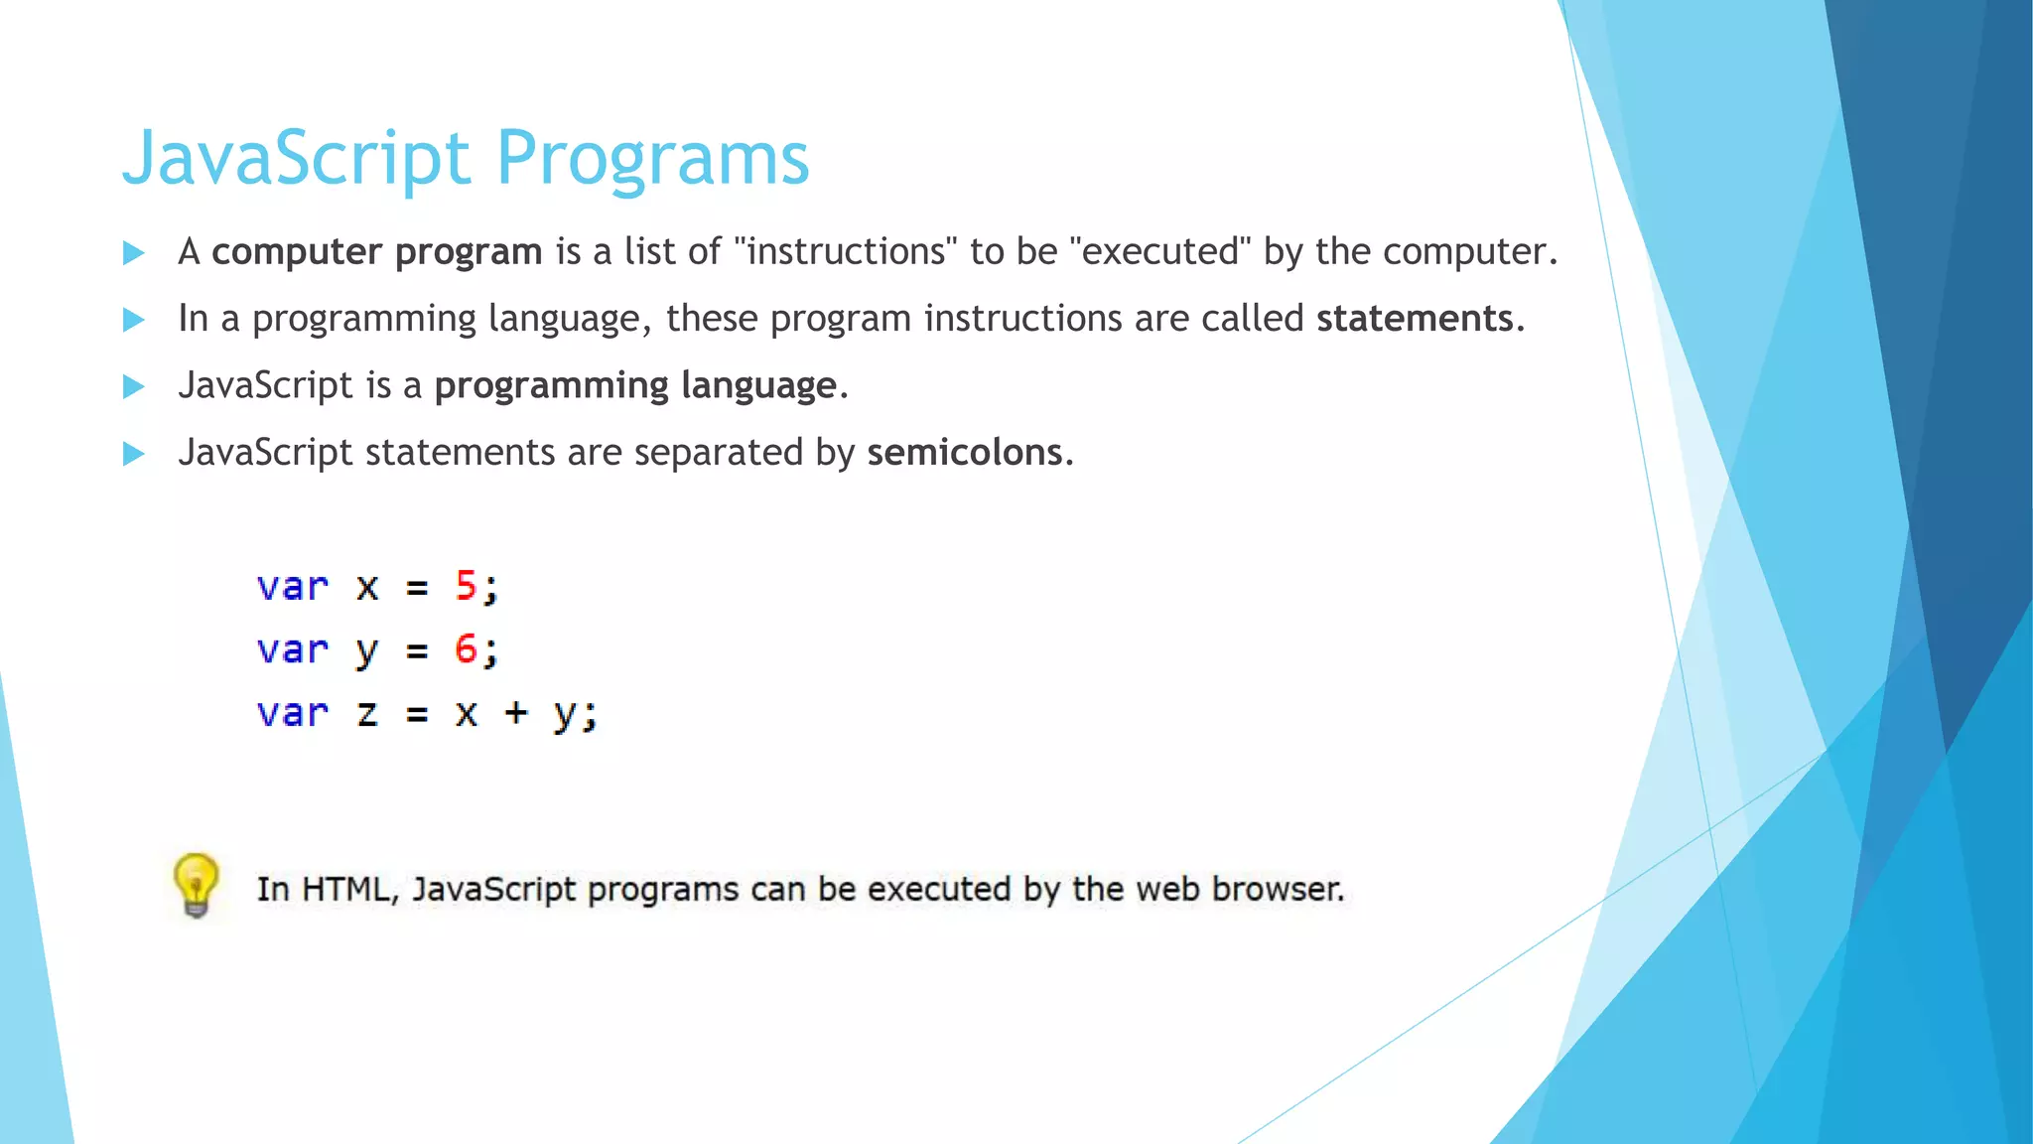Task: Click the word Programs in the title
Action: [x=652, y=159]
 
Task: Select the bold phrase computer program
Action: [x=377, y=252]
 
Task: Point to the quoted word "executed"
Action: [x=1160, y=251]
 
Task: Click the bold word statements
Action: [x=1415, y=319]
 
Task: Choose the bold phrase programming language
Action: [x=635, y=385]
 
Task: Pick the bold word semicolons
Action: [x=965, y=453]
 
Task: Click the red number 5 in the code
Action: [x=466, y=586]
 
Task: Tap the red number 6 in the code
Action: [x=466, y=649]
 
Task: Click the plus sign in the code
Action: [x=515, y=713]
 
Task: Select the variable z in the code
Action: [x=367, y=713]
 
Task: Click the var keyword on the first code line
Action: [x=292, y=587]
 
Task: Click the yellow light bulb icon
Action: [x=196, y=884]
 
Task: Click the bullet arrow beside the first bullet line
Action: [x=134, y=253]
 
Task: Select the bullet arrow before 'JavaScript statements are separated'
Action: [x=134, y=454]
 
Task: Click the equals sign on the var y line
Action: [x=417, y=651]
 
